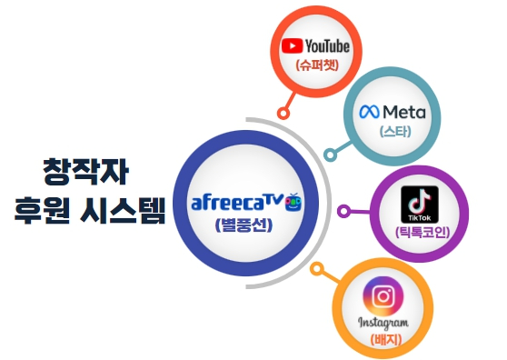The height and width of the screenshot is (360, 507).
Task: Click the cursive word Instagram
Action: click(x=384, y=323)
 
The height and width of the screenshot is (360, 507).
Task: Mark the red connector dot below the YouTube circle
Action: click(x=283, y=114)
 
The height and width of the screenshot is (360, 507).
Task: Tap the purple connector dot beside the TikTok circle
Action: click(x=344, y=211)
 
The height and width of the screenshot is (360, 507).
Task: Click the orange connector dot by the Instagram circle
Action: click(x=317, y=270)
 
